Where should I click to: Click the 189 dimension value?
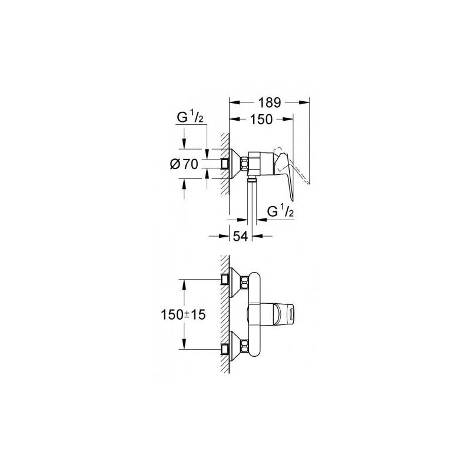coord(270,102)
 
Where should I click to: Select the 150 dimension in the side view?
coord(261,120)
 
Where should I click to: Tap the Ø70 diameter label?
coord(184,164)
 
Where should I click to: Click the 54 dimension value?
coord(241,237)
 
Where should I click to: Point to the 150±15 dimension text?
coord(183,315)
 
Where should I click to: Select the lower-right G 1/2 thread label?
coord(280,212)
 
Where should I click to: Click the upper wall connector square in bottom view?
coord(225,279)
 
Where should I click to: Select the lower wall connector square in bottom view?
coord(225,349)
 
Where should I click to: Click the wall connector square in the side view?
coord(225,164)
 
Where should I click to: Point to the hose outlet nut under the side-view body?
coord(252,180)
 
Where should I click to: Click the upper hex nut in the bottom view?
coord(244,283)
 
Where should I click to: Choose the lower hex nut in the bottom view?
coord(244,346)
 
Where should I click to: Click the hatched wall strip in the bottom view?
coord(225,314)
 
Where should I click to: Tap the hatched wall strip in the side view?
coord(225,164)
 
